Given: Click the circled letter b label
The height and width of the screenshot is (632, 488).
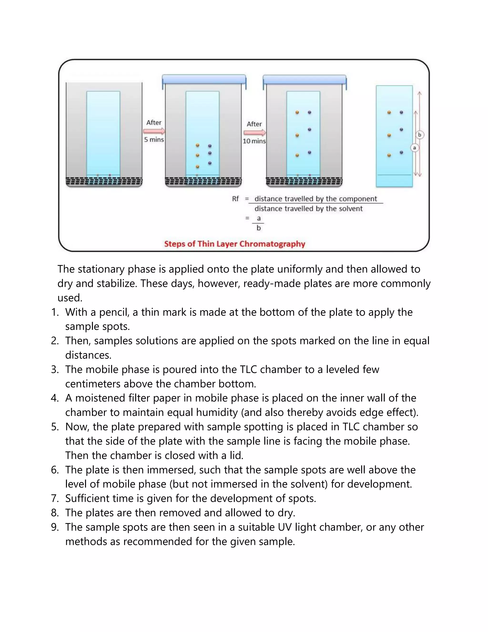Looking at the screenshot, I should pyautogui.click(x=419, y=135).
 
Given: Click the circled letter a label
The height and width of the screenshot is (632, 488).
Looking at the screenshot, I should pyautogui.click(x=414, y=148).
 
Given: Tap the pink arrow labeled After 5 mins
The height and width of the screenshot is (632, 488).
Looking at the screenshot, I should pyautogui.click(x=154, y=131).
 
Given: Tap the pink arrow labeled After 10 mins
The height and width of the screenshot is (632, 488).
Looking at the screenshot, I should pyautogui.click(x=254, y=133).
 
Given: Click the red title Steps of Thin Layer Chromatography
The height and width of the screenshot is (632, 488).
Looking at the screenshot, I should pyautogui.click(x=234, y=244).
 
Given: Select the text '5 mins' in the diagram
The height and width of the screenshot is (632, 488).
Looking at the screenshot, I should pyautogui.click(x=154, y=140).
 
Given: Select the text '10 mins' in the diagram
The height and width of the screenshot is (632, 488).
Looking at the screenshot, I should pyautogui.click(x=254, y=141).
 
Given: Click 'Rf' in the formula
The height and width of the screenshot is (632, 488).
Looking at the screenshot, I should pyautogui.click(x=235, y=199).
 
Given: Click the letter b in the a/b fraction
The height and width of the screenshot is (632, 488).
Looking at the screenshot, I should pyautogui.click(x=259, y=228).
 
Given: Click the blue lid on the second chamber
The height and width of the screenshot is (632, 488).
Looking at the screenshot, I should pyautogui.click(x=204, y=79).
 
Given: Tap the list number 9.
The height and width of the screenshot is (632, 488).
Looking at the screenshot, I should pyautogui.click(x=55, y=527).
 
